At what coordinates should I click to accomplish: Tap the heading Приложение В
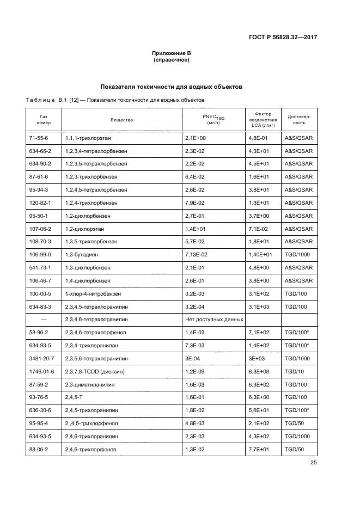pyautogui.click(x=171, y=53)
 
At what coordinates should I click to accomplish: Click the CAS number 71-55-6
pyautogui.click(x=39, y=138)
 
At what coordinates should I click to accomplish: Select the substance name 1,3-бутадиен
pyautogui.click(x=83, y=255)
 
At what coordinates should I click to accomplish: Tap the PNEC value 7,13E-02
pyautogui.click(x=198, y=255)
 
